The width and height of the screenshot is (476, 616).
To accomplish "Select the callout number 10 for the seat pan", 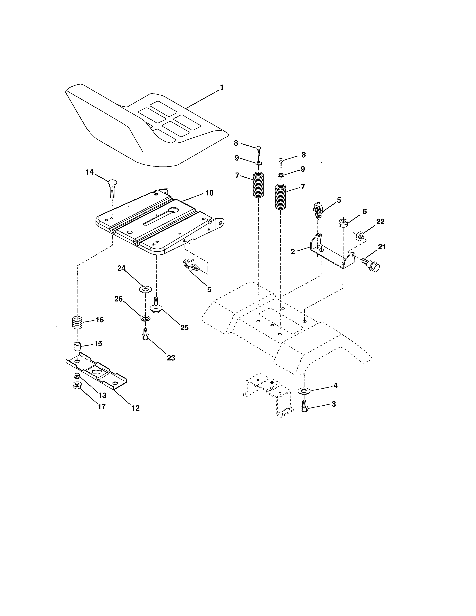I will click(209, 193).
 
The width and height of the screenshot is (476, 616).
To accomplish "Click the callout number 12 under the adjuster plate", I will click(135, 408).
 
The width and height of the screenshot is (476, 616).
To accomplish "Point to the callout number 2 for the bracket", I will click(293, 252).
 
